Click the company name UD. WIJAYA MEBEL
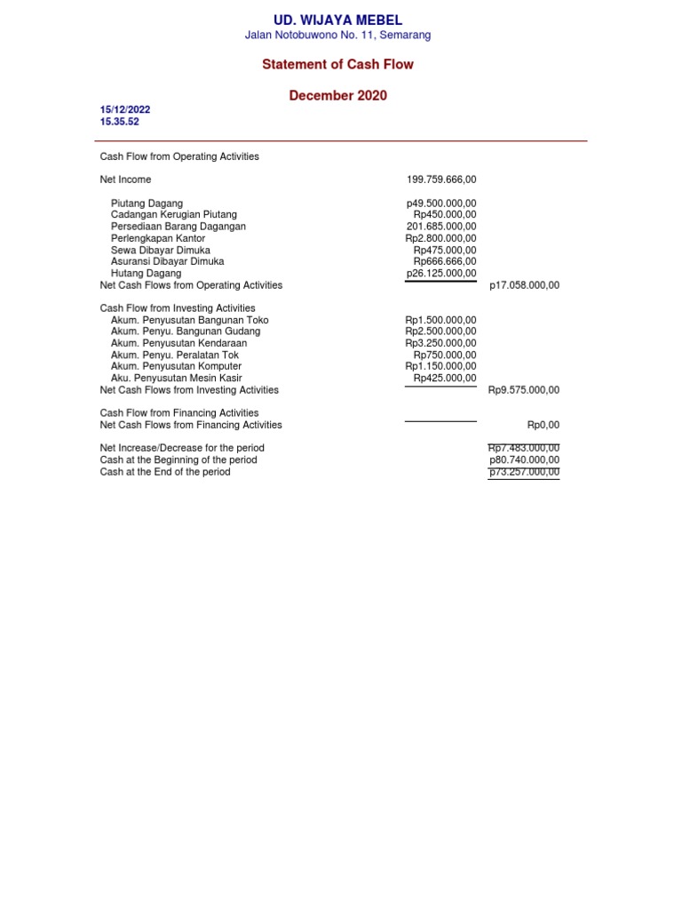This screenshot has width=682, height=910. (337, 20)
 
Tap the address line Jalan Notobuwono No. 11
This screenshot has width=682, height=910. (337, 36)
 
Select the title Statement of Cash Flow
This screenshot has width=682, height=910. (337, 65)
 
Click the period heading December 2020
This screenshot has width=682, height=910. (337, 96)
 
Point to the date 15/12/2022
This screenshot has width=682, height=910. (125, 110)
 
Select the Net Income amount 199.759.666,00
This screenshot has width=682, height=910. (441, 180)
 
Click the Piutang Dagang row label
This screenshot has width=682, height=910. (147, 204)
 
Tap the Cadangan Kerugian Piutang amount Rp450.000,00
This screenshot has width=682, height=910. (445, 215)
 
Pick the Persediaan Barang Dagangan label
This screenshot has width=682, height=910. (178, 227)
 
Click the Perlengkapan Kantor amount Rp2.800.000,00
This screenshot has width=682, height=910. (440, 238)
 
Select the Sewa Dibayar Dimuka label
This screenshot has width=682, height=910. (161, 251)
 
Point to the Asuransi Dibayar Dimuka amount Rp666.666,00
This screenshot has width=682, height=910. (445, 262)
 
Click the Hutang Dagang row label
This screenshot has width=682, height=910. (146, 274)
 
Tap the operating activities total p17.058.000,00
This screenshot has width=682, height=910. (524, 286)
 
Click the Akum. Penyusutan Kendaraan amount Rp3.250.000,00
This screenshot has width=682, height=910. (440, 343)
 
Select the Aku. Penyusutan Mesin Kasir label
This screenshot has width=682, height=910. (176, 379)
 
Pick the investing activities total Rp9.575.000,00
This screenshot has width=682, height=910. (524, 390)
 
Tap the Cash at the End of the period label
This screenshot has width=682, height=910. (165, 473)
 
